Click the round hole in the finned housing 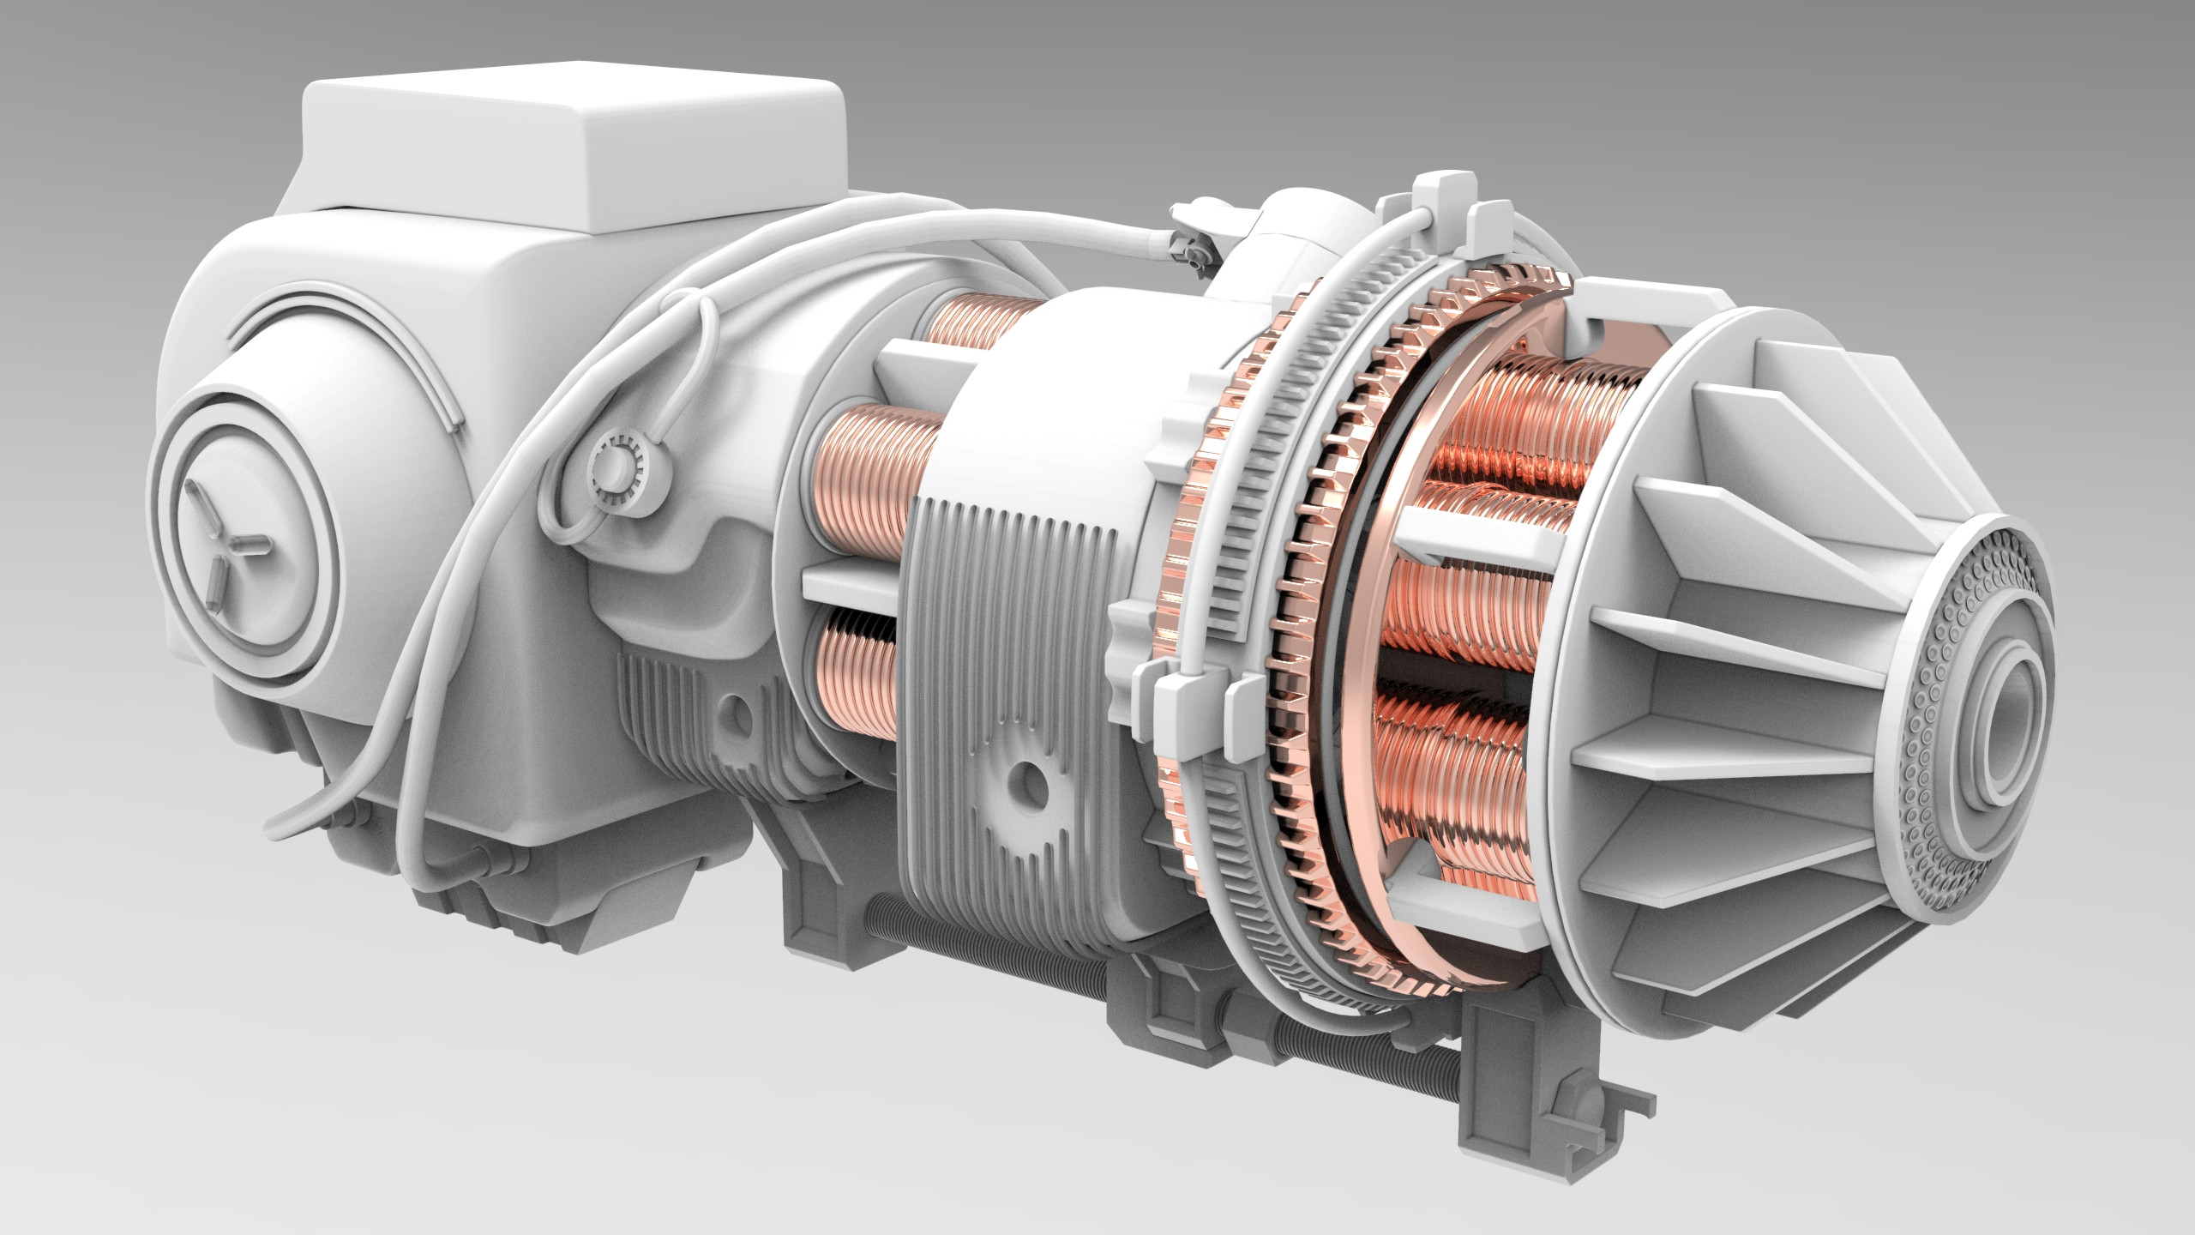[1025, 782]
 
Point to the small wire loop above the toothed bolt [695, 360]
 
